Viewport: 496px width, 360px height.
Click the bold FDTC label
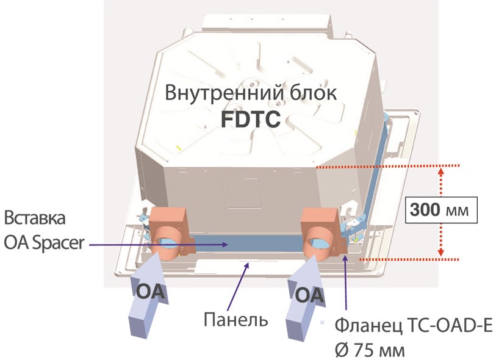click(x=251, y=119)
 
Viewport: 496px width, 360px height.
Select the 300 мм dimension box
click(x=441, y=210)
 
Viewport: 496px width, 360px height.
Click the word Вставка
click(x=35, y=218)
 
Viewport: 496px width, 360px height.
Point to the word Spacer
click(x=59, y=243)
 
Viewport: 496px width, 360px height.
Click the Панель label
click(x=235, y=319)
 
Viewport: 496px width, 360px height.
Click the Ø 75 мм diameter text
click(x=370, y=350)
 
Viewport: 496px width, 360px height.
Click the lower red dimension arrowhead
click(x=442, y=253)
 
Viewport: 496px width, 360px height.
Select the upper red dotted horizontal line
click(x=387, y=165)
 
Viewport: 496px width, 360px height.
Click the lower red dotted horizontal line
click(x=409, y=259)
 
